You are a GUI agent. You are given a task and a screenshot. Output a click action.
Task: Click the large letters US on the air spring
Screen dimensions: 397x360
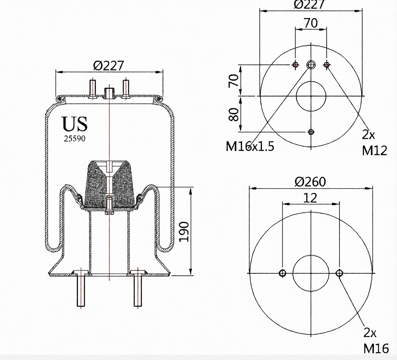[75, 124]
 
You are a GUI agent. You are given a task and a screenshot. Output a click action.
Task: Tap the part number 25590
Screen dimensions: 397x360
[74, 139]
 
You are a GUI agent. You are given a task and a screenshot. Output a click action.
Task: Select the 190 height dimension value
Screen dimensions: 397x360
[184, 232]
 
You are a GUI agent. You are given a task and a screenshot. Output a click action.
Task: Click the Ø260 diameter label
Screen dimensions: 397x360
[310, 182]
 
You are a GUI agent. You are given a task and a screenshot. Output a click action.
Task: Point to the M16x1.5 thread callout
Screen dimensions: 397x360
[250, 146]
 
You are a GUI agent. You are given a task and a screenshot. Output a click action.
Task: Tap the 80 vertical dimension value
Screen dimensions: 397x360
[234, 114]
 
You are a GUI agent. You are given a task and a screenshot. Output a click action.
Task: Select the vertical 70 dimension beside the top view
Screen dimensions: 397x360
[234, 81]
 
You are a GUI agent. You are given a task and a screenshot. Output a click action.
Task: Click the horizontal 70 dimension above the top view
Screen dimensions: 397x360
[311, 23]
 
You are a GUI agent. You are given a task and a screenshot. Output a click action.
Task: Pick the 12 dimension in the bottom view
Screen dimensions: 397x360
[310, 198]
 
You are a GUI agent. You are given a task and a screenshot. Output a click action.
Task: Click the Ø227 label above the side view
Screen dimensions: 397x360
[109, 66]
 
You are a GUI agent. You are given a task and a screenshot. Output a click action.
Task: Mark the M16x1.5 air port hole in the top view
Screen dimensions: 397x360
[311, 65]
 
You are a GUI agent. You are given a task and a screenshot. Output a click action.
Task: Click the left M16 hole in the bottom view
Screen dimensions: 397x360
[282, 273]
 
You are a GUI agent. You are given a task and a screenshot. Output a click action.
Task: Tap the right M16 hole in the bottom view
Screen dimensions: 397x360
[339, 273]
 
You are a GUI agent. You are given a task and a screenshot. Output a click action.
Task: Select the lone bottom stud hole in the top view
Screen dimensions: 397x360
[311, 132]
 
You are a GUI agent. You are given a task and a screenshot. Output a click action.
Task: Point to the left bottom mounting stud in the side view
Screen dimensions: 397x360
[81, 291]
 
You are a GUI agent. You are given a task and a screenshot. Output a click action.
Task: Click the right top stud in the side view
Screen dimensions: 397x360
[126, 88]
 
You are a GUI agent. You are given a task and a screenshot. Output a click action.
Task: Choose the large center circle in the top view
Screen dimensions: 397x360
[311, 96]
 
